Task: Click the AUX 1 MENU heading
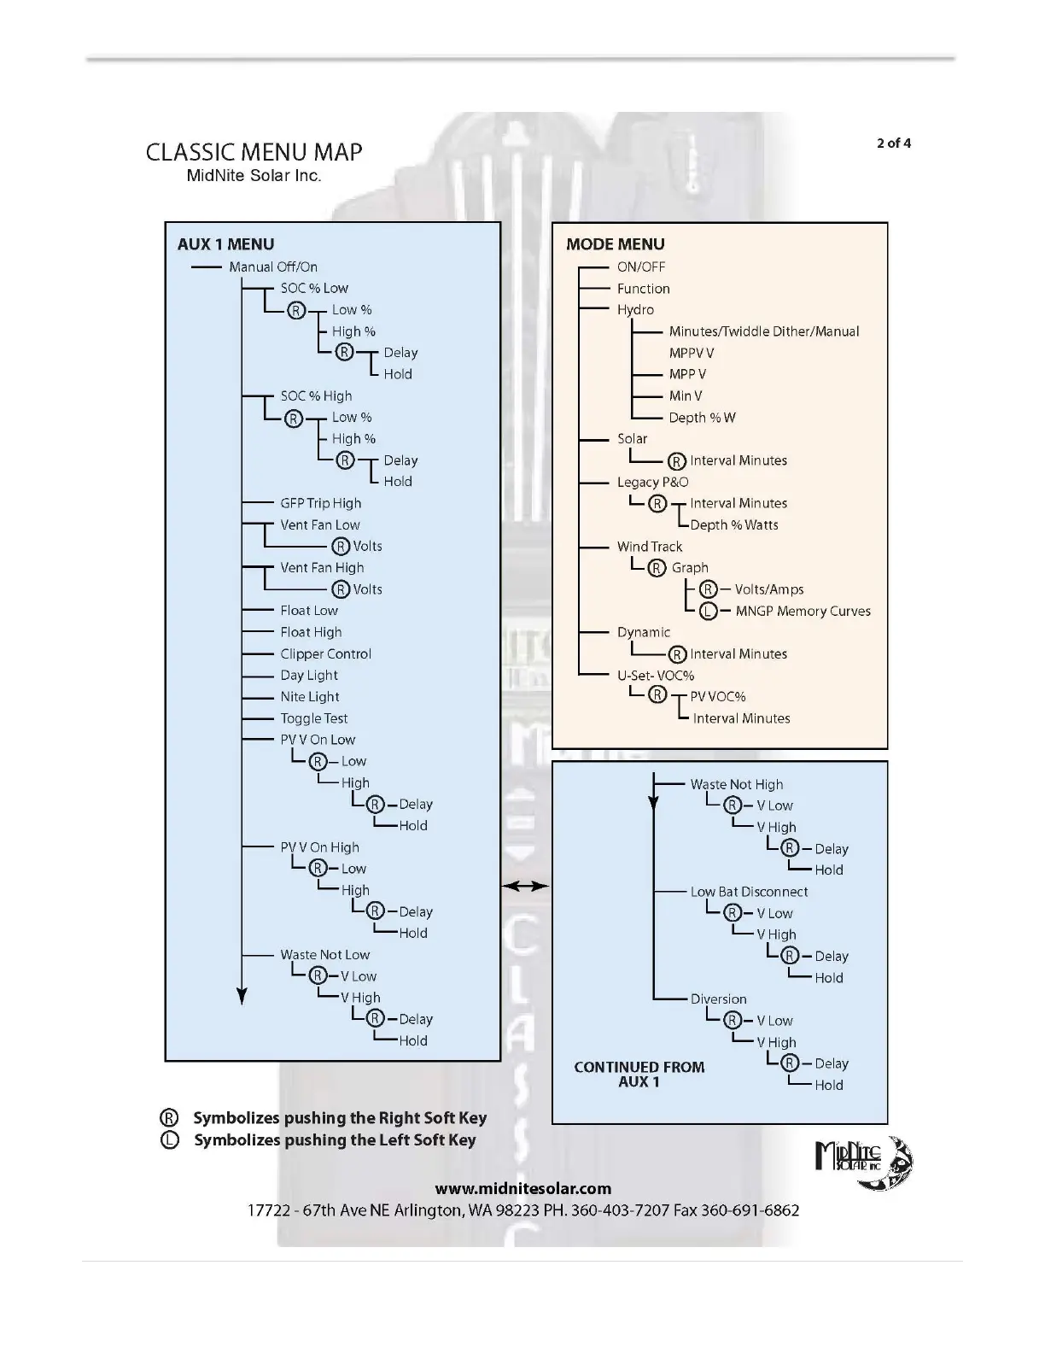pos(225,244)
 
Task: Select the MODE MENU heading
pos(615,244)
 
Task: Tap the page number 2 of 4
pos(893,143)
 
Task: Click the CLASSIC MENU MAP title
pos(254,152)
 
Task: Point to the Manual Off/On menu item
pos(273,267)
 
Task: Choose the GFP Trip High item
pos(320,503)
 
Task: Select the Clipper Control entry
pos(325,653)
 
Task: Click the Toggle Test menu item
pos(313,718)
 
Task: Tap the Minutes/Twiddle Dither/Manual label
pos(763,331)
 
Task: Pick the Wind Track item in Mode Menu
pos(649,547)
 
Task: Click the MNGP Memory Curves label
pos(803,611)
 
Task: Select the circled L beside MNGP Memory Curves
pos(708,611)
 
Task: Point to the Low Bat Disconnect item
pos(749,892)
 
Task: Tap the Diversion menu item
pos(718,999)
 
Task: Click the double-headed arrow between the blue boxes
pos(525,887)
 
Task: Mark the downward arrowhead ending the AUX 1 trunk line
pos(242,996)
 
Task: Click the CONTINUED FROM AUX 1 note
pos(639,1075)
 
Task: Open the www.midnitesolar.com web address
pos(522,1188)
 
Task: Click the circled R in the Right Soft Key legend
pos(170,1118)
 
